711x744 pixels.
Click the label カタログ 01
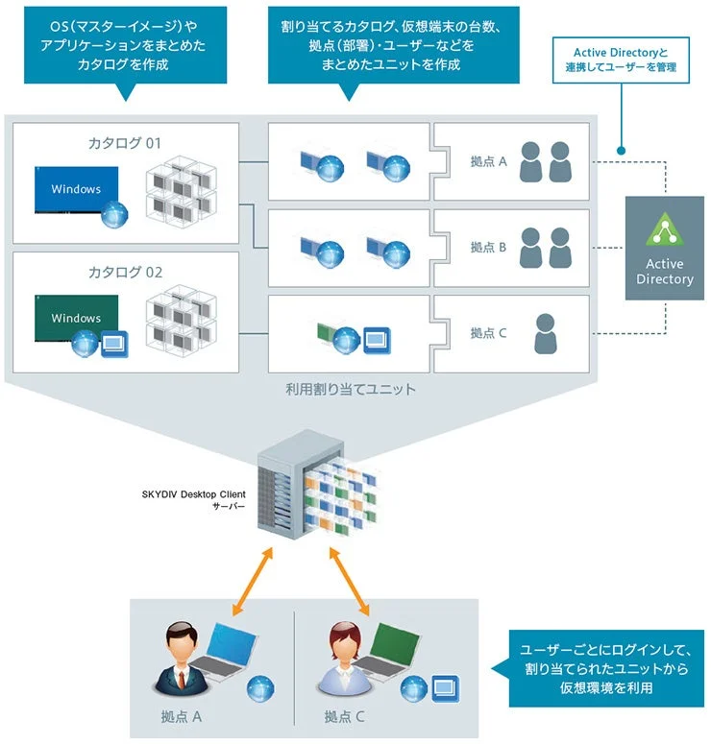tap(124, 143)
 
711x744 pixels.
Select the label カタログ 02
tap(124, 272)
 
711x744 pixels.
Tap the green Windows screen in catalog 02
tap(77, 317)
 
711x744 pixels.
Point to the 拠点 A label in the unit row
tap(488, 162)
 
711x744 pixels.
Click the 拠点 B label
tap(488, 247)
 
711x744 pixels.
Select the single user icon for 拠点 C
tap(545, 333)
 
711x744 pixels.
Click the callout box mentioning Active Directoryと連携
tap(621, 60)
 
